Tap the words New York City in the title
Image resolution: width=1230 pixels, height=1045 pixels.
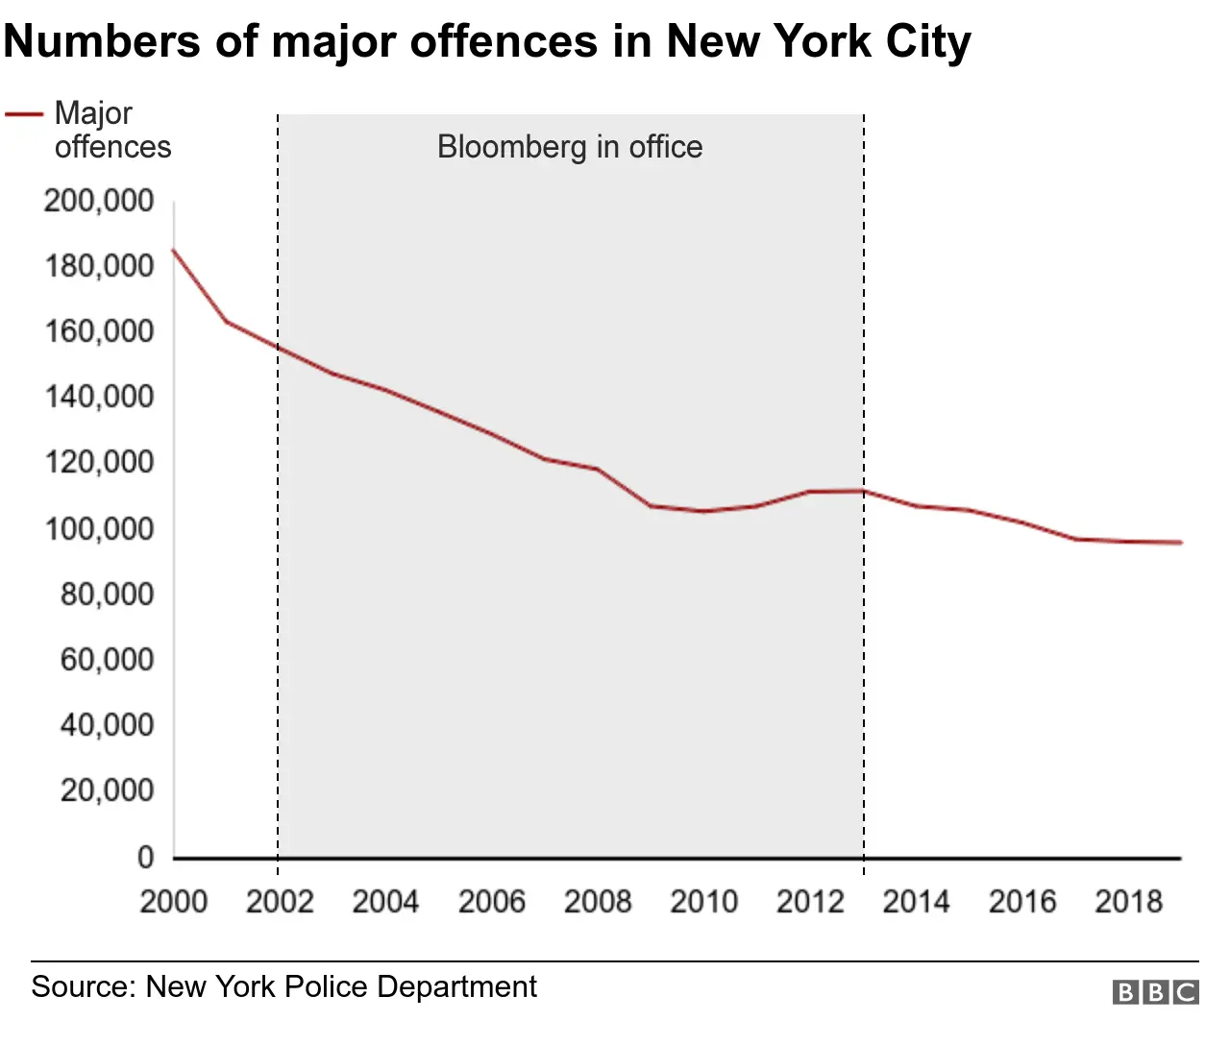click(x=818, y=41)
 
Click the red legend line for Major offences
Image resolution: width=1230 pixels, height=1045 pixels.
click(x=24, y=114)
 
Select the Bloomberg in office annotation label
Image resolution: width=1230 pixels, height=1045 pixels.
click(x=569, y=147)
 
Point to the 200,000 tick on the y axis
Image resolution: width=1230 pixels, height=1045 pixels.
click(x=99, y=201)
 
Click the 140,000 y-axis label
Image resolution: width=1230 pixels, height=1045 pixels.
click(x=99, y=397)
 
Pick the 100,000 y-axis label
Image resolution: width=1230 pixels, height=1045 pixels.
click(x=99, y=528)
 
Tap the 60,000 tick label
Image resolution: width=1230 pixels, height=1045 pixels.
click(x=107, y=660)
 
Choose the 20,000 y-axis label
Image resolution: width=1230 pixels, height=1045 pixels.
click(x=107, y=790)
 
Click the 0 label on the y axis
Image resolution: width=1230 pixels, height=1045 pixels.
click(x=145, y=857)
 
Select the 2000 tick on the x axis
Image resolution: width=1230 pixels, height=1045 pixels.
click(x=174, y=902)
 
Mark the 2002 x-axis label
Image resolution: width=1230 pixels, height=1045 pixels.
click(x=280, y=902)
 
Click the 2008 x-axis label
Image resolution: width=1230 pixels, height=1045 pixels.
click(x=598, y=902)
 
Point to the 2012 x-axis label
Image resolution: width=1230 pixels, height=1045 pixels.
click(x=810, y=902)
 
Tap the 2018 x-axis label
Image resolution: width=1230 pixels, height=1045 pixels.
click(x=1128, y=902)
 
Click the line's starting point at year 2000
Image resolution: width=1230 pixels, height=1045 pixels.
click(x=174, y=250)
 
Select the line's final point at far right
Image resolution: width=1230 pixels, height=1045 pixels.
click(x=1181, y=543)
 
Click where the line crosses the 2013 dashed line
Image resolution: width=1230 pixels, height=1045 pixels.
click(x=864, y=491)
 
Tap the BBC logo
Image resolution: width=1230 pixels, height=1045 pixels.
click(x=1155, y=992)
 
